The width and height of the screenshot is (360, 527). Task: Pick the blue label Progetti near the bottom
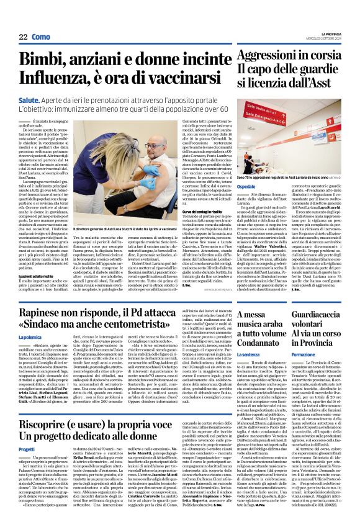tap(27, 448)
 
